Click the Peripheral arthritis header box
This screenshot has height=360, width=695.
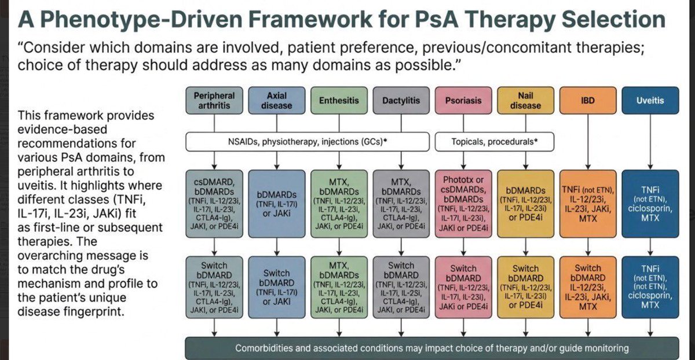point(214,101)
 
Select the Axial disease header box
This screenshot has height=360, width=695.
point(276,101)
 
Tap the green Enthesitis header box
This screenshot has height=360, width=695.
point(339,101)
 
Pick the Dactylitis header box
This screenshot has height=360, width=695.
point(401,101)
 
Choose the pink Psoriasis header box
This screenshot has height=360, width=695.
point(463,101)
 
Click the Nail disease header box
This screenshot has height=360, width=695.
point(525,101)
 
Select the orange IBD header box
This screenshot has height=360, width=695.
point(587,101)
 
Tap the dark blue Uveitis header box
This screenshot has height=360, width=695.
point(650,101)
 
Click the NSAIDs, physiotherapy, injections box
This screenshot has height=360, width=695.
point(308,141)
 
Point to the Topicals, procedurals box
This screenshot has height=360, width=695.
point(494,141)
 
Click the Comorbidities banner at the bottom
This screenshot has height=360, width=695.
point(431,348)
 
